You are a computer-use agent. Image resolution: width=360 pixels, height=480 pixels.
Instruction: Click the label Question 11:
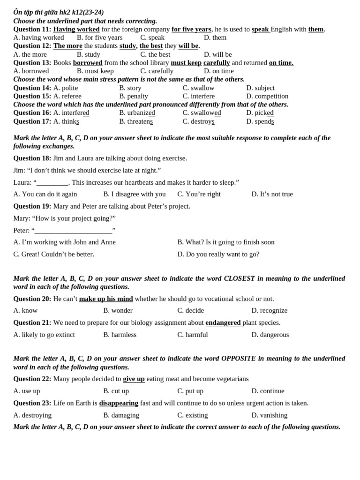[32, 29]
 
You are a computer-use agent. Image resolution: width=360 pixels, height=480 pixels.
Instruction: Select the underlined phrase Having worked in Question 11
[76, 29]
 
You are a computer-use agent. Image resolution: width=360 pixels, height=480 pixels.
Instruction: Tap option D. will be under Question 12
[217, 54]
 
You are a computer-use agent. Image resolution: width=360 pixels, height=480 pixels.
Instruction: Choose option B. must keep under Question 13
[95, 71]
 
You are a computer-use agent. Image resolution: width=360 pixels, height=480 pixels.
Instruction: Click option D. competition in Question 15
[267, 96]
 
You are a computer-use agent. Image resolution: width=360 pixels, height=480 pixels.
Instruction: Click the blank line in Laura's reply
[52, 182]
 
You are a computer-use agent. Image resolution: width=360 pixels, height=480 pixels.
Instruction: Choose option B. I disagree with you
[134, 194]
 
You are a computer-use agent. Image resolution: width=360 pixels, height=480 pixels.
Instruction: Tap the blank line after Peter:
[74, 230]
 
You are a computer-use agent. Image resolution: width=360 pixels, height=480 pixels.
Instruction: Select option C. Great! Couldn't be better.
[53, 254]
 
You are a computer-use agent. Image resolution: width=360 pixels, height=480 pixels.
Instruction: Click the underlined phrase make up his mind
[106, 299]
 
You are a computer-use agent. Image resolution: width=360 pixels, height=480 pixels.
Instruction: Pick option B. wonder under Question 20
[118, 310]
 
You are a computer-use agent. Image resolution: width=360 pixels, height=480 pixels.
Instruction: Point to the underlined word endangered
[223, 322]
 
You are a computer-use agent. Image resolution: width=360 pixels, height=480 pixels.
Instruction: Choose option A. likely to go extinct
[44, 335]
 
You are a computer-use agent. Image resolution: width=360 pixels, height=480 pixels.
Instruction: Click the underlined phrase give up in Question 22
[134, 379]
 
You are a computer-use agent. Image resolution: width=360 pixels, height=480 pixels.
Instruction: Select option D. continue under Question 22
[268, 391]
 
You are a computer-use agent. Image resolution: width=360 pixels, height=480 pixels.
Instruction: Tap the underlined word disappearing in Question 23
[119, 403]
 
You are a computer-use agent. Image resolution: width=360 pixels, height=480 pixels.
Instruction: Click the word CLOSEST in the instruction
[239, 278]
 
